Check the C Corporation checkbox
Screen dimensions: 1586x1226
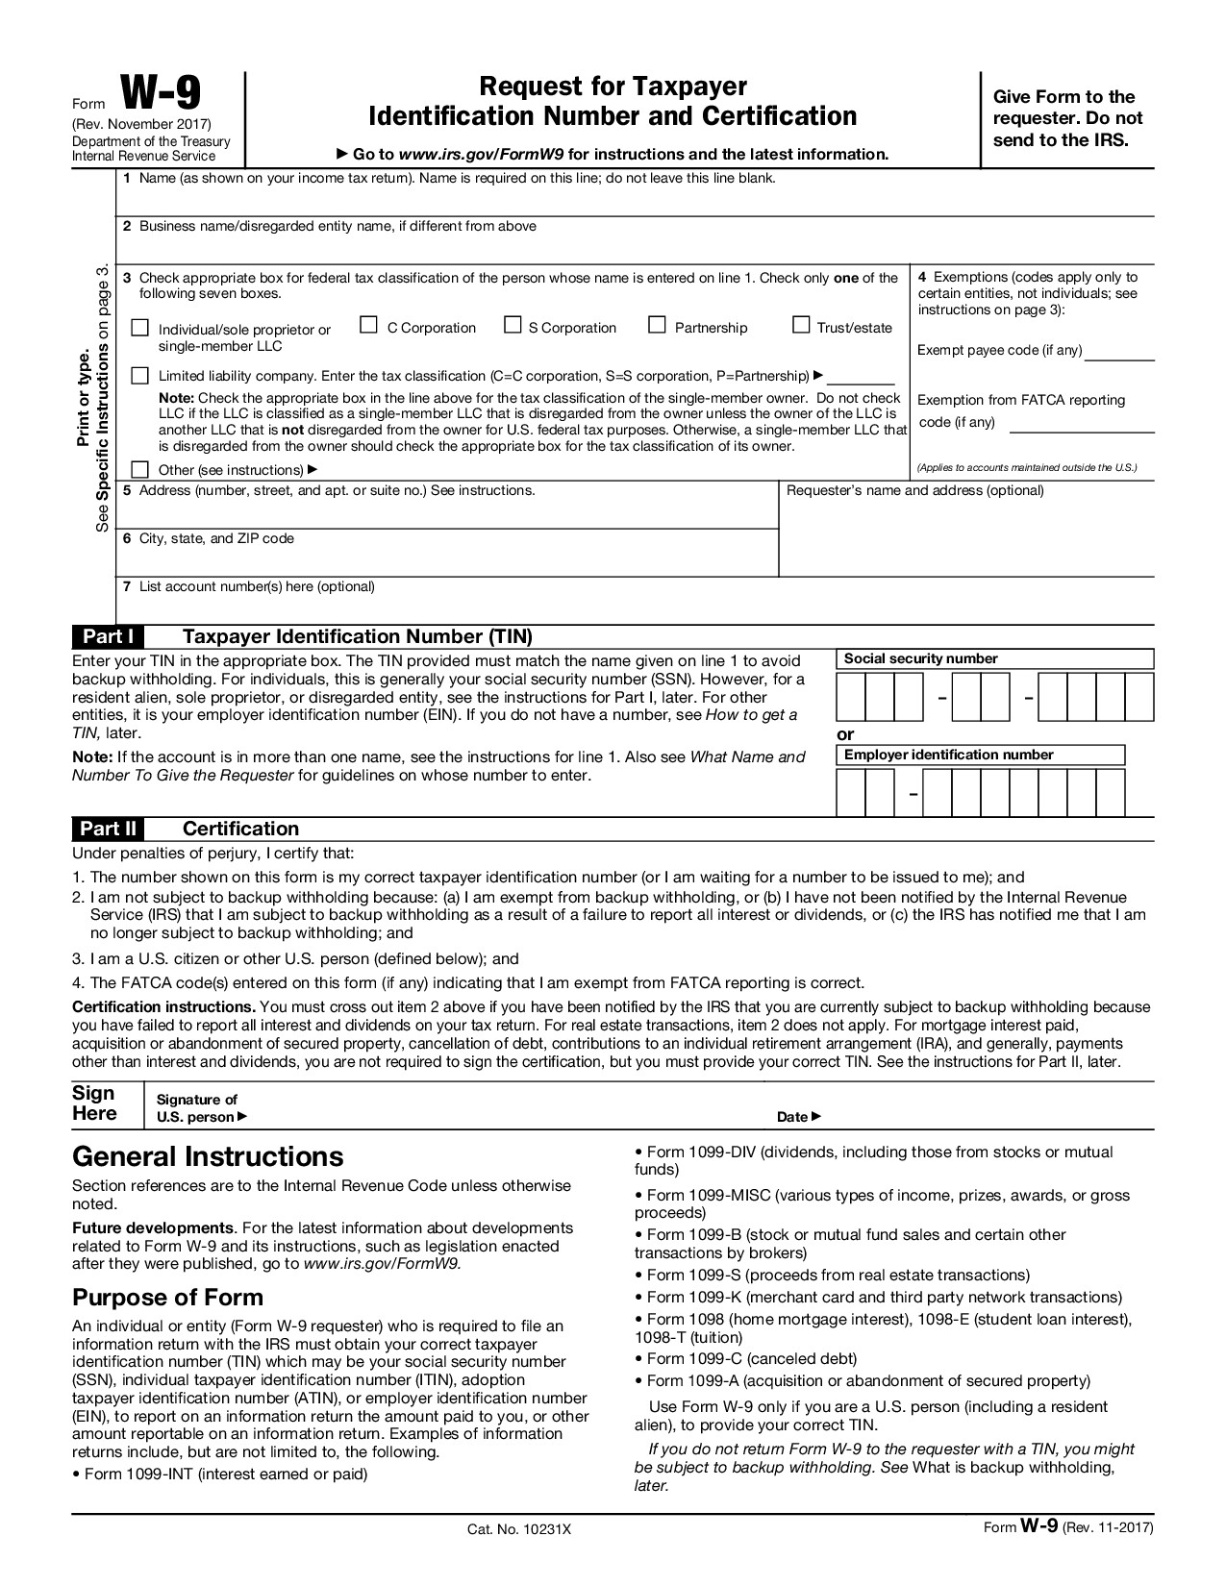tap(368, 326)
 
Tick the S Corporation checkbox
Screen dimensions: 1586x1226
tap(513, 326)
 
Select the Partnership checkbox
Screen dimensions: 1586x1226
tap(657, 326)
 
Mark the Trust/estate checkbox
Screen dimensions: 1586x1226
tap(801, 326)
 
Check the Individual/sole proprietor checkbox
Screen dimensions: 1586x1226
tap(140, 328)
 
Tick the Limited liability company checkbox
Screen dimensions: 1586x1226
tap(140, 375)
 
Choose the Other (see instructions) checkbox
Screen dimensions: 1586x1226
tap(140, 469)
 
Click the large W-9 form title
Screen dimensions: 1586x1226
tap(161, 96)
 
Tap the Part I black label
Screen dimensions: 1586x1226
tap(108, 636)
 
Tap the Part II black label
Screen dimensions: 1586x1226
tap(108, 829)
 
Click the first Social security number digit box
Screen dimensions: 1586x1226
tap(851, 697)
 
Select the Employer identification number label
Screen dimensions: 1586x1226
tap(948, 755)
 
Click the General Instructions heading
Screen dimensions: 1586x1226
tap(208, 1155)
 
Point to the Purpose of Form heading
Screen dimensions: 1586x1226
tap(167, 1298)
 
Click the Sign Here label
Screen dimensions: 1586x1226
tap(94, 1103)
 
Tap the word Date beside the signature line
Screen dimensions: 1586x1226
tap(793, 1117)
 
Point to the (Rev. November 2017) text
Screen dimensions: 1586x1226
tap(141, 125)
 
